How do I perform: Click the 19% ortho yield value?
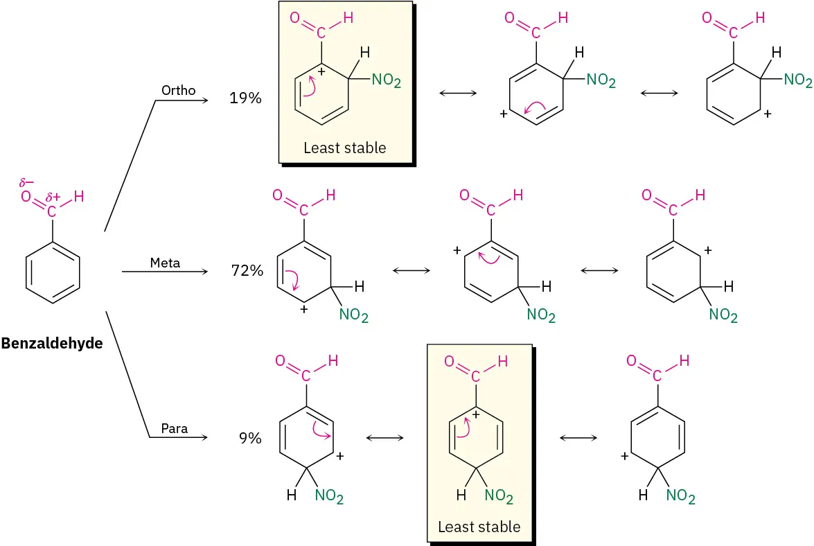245,98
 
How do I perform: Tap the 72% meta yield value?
247,270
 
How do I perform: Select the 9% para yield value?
250,438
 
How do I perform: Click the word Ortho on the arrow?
178,90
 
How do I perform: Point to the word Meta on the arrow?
165,263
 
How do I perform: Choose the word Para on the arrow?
175,428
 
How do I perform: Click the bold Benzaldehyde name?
52,343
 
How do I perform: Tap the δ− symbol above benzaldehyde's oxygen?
27,184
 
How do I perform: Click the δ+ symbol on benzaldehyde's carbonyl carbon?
53,197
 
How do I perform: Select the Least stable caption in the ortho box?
344,147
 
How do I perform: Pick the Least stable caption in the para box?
479,527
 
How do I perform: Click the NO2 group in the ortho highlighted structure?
386,81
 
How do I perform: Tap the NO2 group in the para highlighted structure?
499,496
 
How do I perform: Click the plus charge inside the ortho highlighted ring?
321,71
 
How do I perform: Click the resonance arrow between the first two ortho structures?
458,93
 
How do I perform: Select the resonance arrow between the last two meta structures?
599,270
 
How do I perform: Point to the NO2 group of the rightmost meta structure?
723,316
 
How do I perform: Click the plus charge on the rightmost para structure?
625,456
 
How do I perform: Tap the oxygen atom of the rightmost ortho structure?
708,18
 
